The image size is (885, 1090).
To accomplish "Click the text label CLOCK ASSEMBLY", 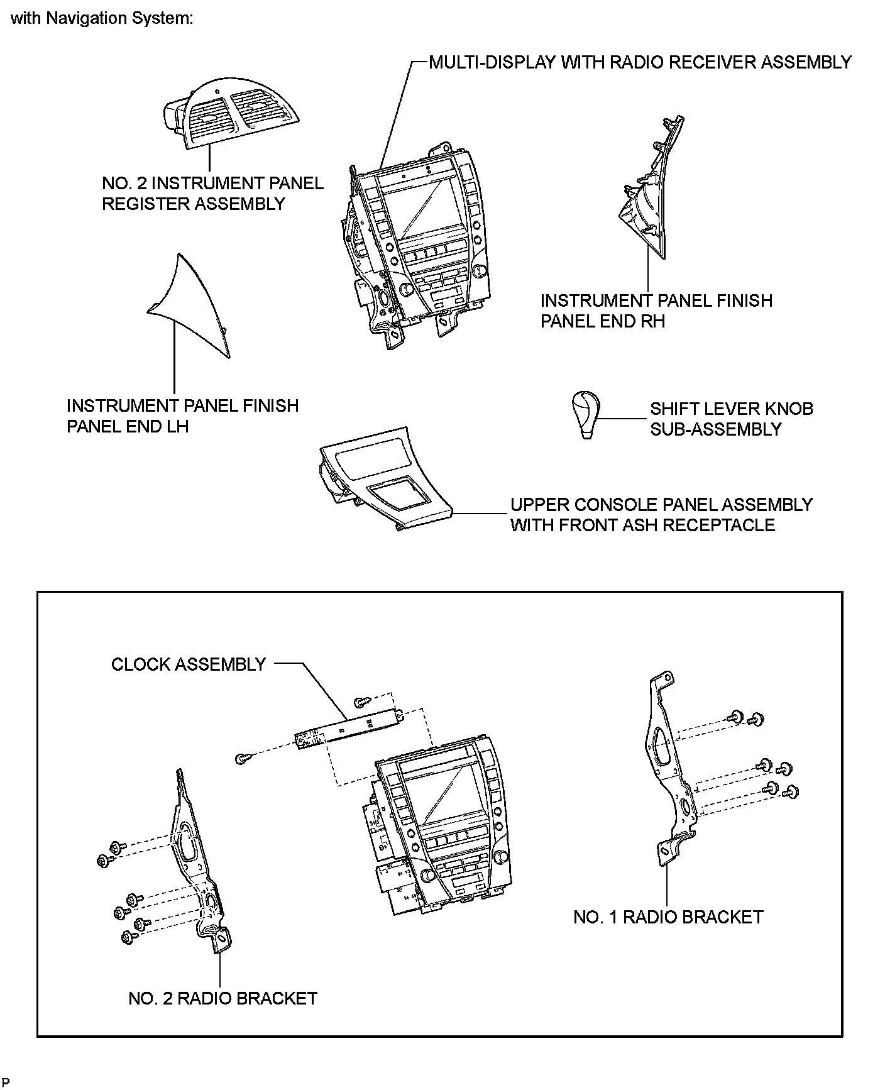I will point(189,664).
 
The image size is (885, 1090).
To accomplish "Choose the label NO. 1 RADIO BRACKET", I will point(668,917).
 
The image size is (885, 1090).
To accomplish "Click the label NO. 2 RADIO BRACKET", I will point(223,998).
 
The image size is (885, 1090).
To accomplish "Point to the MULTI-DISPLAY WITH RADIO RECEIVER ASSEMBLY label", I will point(640,62).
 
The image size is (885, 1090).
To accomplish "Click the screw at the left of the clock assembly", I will point(240,759).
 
